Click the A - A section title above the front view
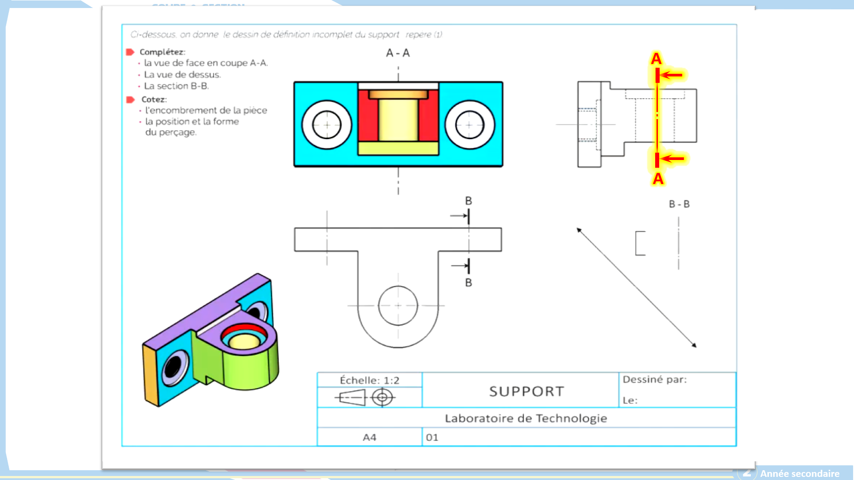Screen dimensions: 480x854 398,53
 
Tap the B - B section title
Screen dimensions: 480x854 679,204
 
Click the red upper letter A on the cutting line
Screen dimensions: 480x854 656,59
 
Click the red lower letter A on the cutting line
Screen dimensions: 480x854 658,179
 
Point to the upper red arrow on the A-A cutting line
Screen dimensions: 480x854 673,75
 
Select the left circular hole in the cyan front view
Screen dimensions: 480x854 327,125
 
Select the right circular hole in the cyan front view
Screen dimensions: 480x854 469,125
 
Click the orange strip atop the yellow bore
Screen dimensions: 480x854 398,94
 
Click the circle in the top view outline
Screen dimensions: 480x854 398,305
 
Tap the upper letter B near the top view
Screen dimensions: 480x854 468,201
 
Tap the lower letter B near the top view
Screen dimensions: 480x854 468,283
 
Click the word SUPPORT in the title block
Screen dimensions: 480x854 527,392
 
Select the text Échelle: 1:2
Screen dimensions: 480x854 369,380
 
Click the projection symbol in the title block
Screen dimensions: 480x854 365,397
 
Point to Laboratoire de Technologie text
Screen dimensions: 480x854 526,419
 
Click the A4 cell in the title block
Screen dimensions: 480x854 369,437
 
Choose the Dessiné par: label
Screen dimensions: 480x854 654,380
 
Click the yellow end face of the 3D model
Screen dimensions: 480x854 151,376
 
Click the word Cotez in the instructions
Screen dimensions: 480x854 153,100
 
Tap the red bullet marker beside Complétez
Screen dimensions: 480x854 130,52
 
